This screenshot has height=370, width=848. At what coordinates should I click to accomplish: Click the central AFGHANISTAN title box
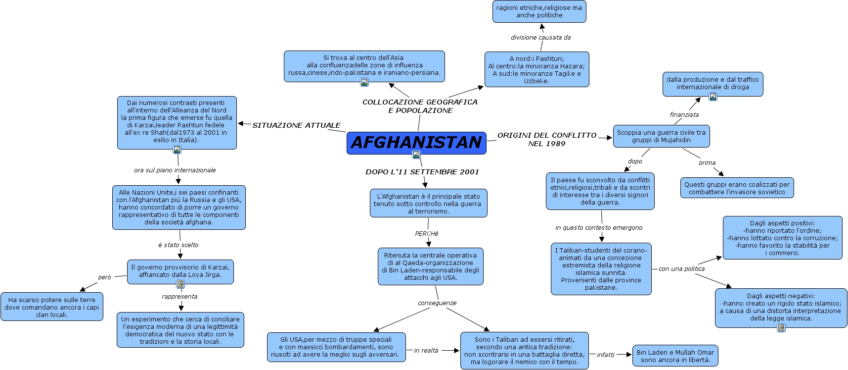tap(416, 142)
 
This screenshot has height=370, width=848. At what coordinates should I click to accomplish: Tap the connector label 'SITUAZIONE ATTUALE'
tap(296, 125)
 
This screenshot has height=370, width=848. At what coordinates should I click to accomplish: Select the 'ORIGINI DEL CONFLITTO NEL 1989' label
tap(547, 139)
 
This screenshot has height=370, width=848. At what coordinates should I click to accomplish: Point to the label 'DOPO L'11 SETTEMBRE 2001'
tap(422, 172)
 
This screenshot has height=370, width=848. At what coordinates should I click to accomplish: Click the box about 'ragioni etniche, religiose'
tap(539, 11)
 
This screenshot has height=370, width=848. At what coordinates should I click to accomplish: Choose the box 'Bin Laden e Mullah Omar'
tap(675, 356)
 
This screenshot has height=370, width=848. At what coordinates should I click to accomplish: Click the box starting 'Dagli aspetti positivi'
tap(782, 238)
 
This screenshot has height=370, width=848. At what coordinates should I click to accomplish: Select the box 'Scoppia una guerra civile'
tap(661, 136)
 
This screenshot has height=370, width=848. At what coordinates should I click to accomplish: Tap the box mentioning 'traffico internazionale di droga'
tap(713, 83)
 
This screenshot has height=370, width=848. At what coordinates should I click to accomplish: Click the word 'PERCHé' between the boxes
tap(427, 234)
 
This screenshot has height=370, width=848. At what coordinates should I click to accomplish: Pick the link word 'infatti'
tap(605, 355)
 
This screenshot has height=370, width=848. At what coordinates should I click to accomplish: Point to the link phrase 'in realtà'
tap(426, 351)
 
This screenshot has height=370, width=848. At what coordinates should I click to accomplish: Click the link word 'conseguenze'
tap(437, 303)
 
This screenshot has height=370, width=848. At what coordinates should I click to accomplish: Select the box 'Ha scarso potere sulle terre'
tap(52, 307)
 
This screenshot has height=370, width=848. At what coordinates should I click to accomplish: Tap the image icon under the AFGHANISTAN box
tap(416, 155)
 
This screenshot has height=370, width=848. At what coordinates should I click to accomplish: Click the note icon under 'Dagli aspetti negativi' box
tap(781, 328)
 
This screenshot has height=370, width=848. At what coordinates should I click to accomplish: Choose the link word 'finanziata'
tap(684, 115)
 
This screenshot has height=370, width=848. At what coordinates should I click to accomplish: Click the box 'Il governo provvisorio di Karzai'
tap(180, 271)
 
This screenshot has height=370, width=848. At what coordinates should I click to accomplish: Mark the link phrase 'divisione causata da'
tap(540, 38)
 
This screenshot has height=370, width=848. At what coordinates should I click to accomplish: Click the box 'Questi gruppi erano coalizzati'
tap(737, 188)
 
